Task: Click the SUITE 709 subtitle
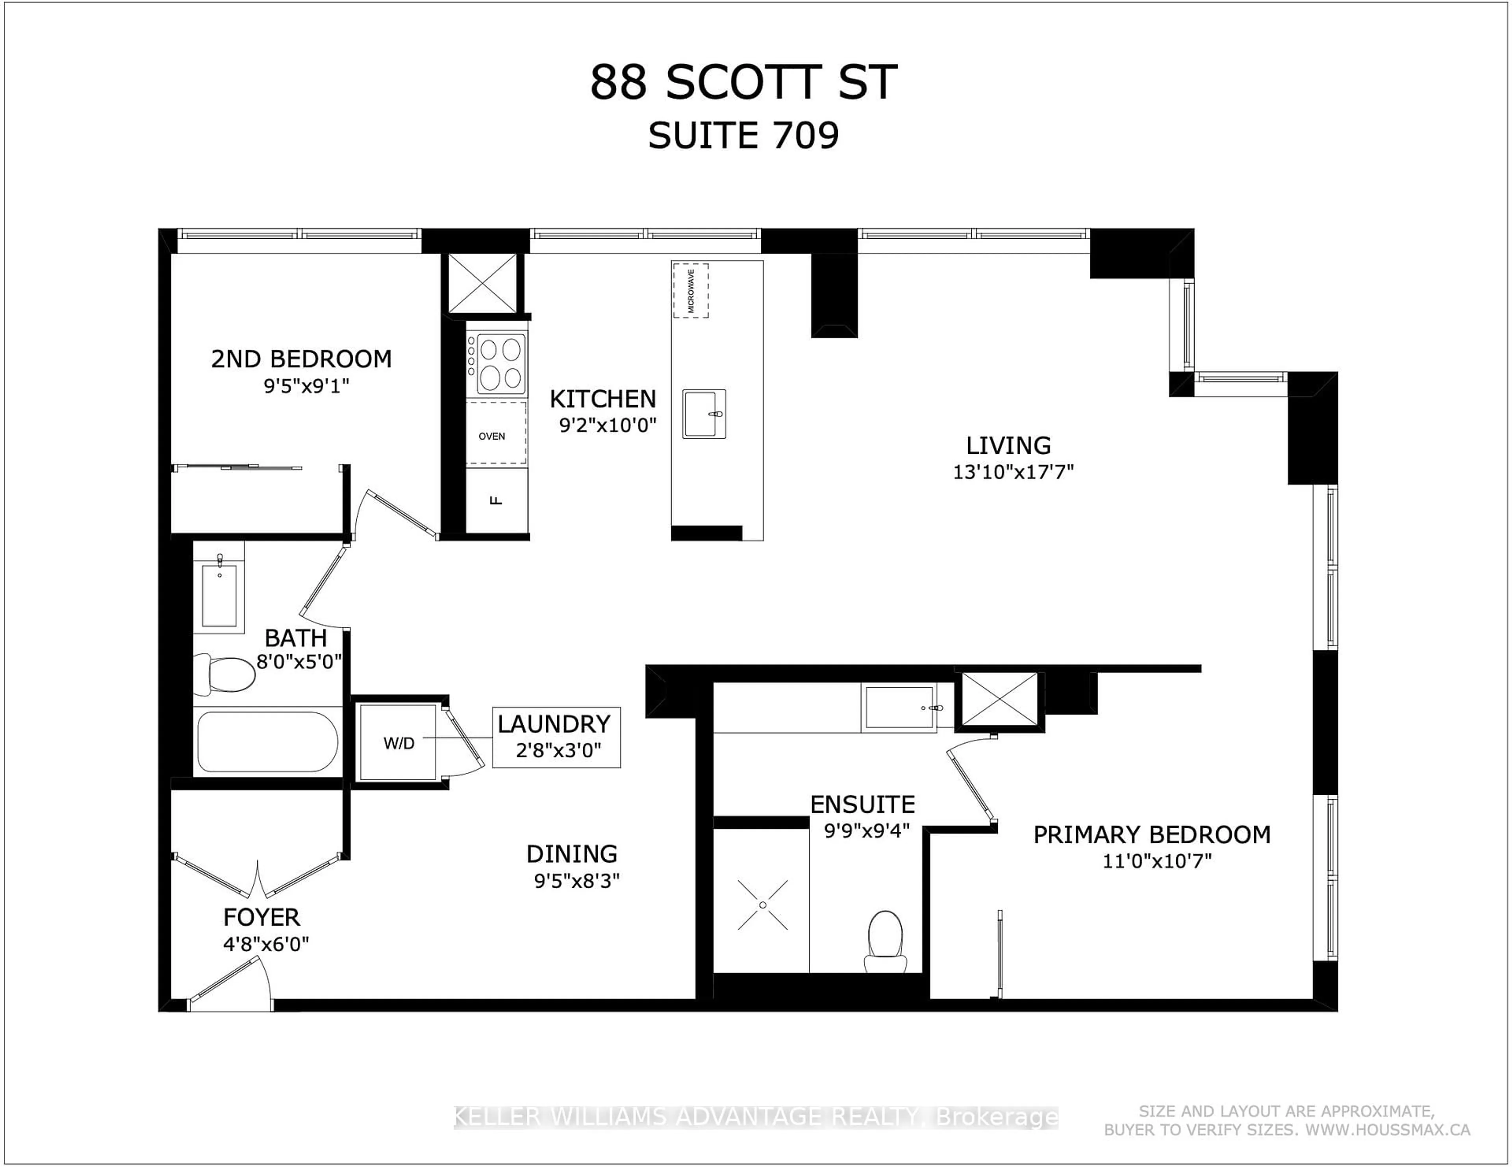(743, 136)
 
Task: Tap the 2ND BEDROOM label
(301, 359)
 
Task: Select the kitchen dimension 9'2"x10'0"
(607, 425)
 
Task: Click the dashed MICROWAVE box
(690, 290)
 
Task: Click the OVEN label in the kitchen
(491, 436)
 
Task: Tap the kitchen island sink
(704, 414)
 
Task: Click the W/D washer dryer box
(399, 744)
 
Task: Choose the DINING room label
(571, 854)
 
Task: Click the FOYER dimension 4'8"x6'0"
(266, 944)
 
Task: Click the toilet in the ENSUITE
(886, 942)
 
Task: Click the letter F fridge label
(496, 500)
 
